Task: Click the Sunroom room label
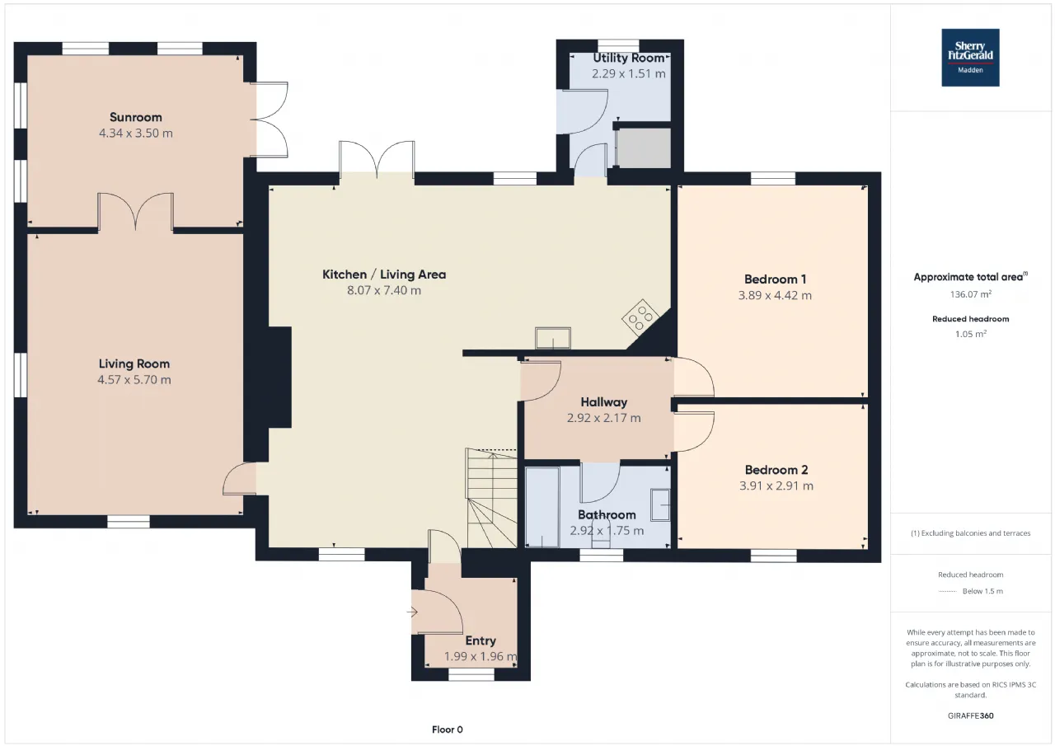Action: point(136,117)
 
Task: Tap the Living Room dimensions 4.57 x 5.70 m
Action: point(134,379)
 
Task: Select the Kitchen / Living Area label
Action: point(384,274)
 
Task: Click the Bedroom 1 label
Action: point(776,279)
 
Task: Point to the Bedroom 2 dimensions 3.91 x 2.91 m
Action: point(776,486)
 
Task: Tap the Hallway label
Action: point(604,402)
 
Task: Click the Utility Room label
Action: point(628,58)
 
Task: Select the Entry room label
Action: point(481,641)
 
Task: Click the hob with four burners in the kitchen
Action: point(640,317)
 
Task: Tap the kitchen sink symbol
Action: point(553,339)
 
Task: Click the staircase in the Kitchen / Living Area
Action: point(491,498)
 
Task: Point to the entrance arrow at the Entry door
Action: point(413,612)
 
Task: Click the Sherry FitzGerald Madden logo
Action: point(970,58)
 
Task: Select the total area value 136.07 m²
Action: point(970,294)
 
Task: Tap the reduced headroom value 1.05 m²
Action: point(970,334)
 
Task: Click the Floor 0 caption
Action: point(448,730)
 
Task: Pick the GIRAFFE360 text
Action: point(971,716)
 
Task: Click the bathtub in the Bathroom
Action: point(542,507)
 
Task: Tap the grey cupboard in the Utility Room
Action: point(644,148)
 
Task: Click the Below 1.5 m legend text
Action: point(983,591)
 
